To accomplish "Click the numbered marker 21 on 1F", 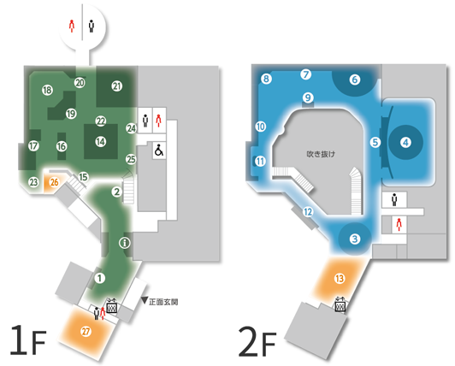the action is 116,86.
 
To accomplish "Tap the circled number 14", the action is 101,142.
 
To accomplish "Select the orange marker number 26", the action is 54,182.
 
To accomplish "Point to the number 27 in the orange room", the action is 86,332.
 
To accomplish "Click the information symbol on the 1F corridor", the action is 125,243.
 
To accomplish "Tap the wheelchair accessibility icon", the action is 159,150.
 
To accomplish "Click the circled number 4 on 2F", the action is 405,143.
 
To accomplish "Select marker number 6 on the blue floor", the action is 355,80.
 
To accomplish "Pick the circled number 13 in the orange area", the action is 340,279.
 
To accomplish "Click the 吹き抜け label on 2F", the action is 321,154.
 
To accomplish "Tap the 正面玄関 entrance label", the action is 163,302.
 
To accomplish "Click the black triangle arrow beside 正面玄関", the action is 145,300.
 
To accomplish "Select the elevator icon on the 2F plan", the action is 340,304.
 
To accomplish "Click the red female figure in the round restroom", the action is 72,26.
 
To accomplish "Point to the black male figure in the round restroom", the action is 92,26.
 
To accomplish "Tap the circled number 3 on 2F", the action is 355,239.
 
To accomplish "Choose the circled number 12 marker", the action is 308,212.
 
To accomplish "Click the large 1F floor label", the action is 28,339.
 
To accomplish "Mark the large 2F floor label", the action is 257,341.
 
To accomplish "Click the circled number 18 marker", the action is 47,91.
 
